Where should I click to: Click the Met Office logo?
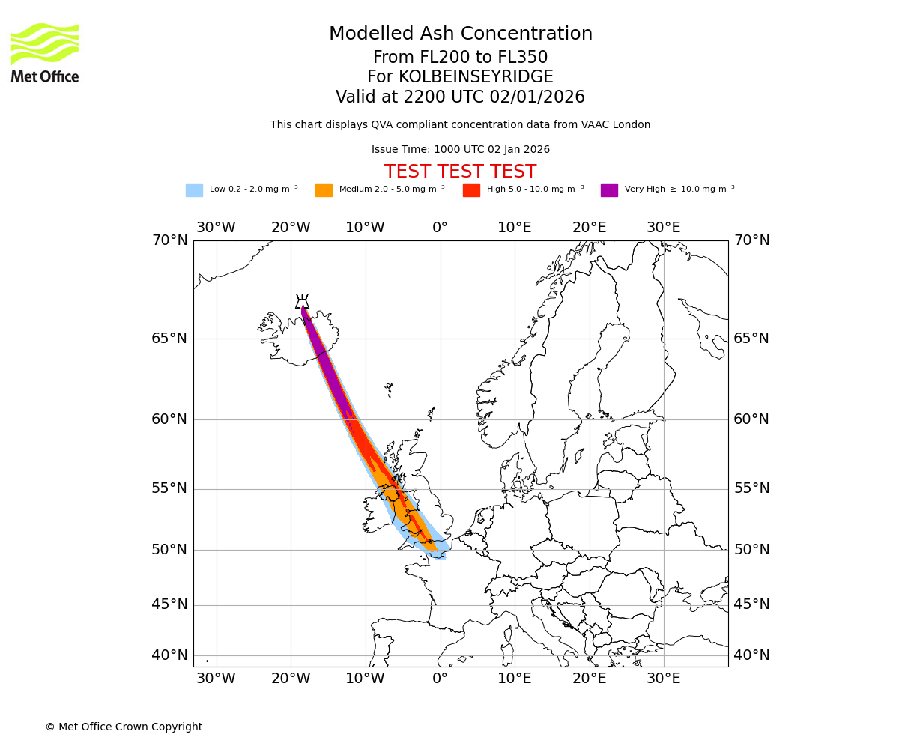45,52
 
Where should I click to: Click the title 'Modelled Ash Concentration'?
460,34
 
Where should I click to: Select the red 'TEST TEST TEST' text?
460,172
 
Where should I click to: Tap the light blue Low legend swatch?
194,190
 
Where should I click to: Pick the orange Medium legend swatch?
324,190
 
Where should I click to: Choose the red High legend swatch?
471,190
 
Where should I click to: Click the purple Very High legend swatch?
609,190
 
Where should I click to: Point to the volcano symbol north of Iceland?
302,302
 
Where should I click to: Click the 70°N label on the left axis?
169,240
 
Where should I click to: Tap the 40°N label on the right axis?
751,655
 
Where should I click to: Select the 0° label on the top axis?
440,228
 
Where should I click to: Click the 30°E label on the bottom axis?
664,679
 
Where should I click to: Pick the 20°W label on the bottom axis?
291,679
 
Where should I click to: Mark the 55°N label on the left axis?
169,488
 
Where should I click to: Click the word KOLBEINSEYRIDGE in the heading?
476,77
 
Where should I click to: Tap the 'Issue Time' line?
460,150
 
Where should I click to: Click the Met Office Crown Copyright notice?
124,727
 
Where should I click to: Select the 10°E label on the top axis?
515,228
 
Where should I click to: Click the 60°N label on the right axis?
751,419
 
